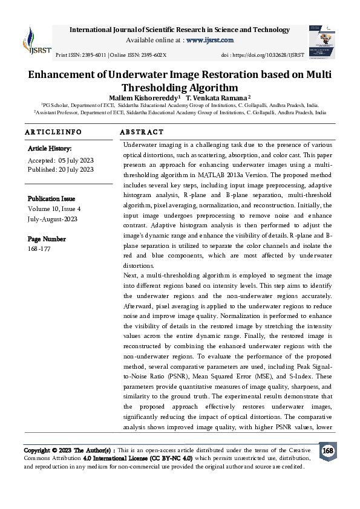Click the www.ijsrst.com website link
[x=210, y=40]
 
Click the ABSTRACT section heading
[x=142, y=132]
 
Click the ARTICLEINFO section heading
[x=53, y=132]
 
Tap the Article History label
[x=50, y=148]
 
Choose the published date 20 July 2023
[x=77, y=170]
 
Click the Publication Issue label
[x=52, y=198]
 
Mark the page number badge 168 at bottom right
[x=327, y=451]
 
